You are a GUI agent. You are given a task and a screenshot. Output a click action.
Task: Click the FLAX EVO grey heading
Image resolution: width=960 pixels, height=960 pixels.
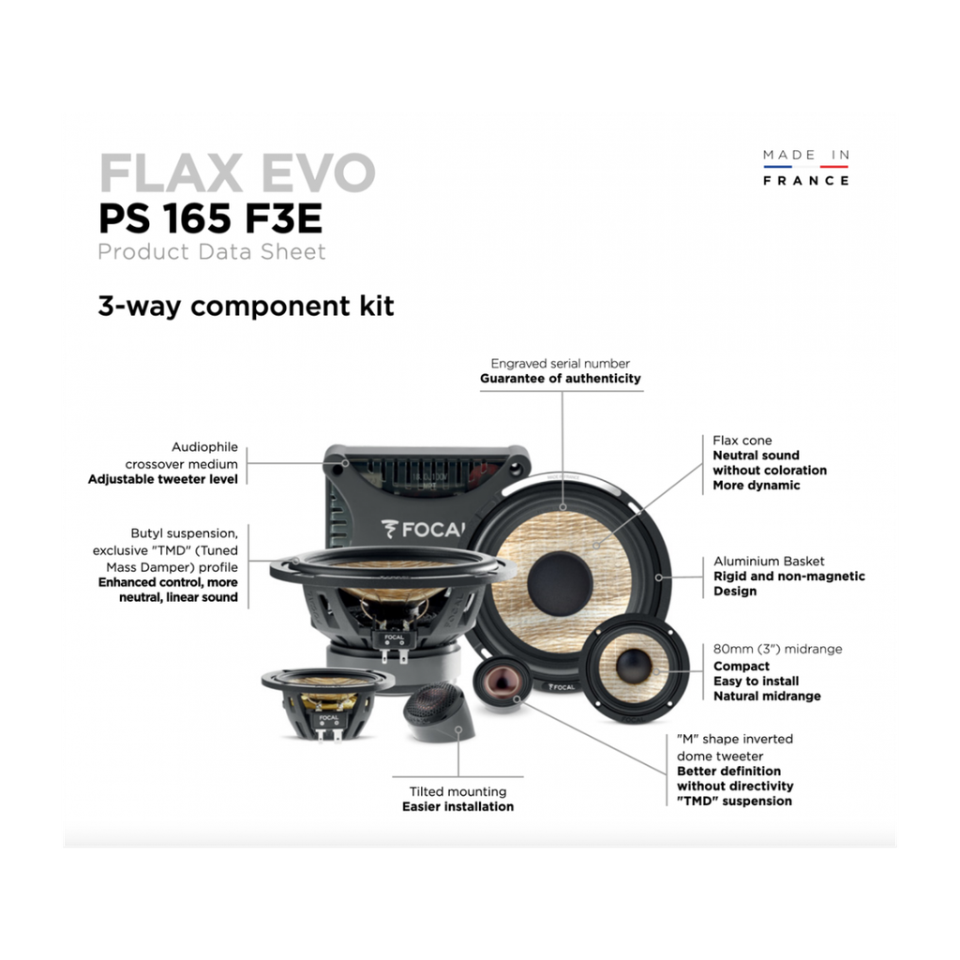click(237, 173)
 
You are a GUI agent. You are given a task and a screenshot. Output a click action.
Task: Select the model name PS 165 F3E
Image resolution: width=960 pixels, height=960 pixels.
click(210, 219)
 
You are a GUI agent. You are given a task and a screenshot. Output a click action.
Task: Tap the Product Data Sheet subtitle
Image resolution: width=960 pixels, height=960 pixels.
click(212, 251)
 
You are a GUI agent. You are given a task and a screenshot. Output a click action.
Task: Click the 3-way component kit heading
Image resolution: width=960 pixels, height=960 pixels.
click(247, 306)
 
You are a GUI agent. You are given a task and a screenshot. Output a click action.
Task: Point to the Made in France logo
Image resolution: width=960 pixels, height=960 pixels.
click(805, 167)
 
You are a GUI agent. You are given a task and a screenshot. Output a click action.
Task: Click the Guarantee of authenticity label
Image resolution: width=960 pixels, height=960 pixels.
click(561, 379)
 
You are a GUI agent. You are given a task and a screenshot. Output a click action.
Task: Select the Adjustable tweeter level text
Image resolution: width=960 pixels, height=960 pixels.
click(163, 479)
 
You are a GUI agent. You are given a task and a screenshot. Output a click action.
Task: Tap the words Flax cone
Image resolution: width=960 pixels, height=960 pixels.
click(742, 441)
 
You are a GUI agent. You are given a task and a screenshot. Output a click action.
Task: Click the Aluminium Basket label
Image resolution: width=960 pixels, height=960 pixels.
click(769, 561)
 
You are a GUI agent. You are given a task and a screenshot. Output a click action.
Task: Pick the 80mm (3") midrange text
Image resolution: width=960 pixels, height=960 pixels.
click(777, 649)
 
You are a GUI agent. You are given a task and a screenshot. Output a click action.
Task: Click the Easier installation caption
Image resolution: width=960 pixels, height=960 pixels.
click(457, 806)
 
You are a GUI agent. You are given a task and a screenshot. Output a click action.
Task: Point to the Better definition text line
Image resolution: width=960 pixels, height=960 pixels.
click(728, 771)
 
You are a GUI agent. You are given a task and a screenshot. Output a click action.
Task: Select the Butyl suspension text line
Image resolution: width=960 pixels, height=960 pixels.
click(185, 533)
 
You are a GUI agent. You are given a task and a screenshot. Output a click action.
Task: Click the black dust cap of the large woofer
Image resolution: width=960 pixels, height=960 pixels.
click(560, 582)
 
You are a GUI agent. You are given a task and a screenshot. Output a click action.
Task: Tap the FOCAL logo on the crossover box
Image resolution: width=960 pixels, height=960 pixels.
click(423, 529)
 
